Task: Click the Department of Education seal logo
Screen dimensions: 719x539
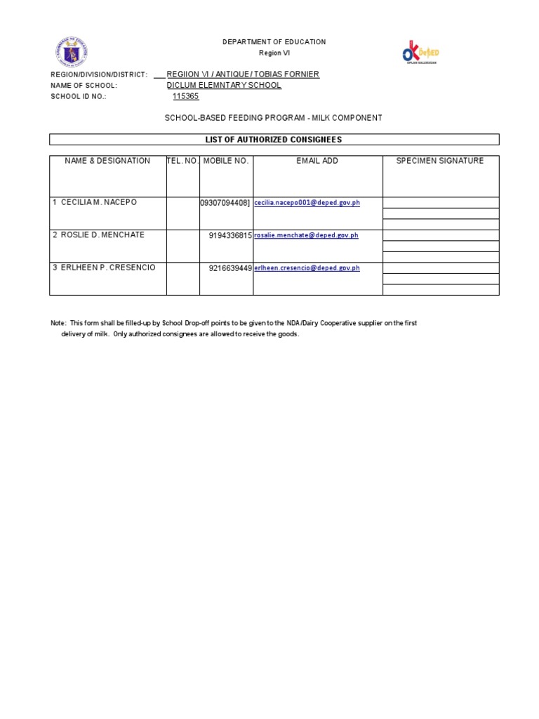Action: pyautogui.click(x=72, y=53)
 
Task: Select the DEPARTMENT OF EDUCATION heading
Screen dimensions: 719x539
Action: pyautogui.click(x=274, y=42)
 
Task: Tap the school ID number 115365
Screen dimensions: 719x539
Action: pyautogui.click(x=186, y=97)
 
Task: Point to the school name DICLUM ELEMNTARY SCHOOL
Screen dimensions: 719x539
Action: pyautogui.click(x=224, y=86)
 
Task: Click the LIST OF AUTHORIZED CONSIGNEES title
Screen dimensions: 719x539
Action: pyautogui.click(x=274, y=140)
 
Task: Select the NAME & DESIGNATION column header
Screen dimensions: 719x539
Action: pyautogui.click(x=107, y=161)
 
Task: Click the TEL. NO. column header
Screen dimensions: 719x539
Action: pyautogui.click(x=182, y=161)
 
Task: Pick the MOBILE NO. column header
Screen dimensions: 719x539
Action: pyautogui.click(x=226, y=161)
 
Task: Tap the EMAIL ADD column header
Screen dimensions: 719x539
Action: pyautogui.click(x=317, y=161)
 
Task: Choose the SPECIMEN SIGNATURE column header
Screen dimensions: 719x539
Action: pyautogui.click(x=440, y=161)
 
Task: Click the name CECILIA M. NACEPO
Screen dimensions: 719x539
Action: pyautogui.click(x=99, y=202)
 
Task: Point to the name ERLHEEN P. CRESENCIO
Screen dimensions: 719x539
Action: pyautogui.click(x=108, y=268)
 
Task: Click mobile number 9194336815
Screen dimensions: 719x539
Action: pyautogui.click(x=230, y=236)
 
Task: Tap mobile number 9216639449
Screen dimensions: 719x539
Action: pyautogui.click(x=230, y=268)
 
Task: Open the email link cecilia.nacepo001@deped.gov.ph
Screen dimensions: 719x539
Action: pyautogui.click(x=307, y=203)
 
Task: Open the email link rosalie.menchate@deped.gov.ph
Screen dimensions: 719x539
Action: pyautogui.click(x=306, y=236)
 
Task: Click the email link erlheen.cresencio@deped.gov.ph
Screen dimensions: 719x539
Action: pyautogui.click(x=307, y=268)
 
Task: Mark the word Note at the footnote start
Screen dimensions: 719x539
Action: pyautogui.click(x=58, y=323)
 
